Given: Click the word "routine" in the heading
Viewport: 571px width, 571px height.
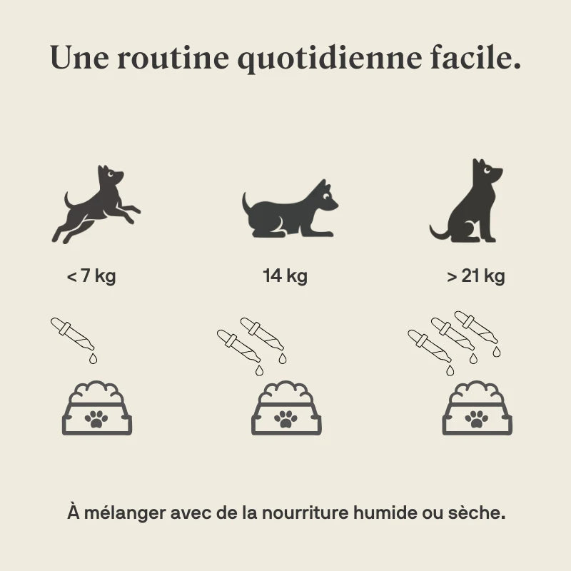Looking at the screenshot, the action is tap(173, 58).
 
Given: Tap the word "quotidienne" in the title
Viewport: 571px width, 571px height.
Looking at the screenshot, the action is tap(330, 59).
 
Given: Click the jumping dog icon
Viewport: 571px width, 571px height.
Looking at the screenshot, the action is tap(96, 205).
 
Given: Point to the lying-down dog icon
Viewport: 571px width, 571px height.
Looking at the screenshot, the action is tap(290, 208).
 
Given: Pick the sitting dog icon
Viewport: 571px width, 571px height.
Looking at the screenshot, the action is tap(466, 201).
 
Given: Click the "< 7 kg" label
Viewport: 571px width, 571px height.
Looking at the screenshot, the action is tap(91, 276).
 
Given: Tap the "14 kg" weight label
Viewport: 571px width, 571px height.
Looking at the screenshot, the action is tap(285, 276).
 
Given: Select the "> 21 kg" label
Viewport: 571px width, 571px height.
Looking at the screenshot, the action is tap(475, 276).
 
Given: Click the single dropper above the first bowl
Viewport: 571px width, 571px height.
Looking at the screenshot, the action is tap(72, 333).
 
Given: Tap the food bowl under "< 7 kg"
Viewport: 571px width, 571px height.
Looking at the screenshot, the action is tap(97, 408).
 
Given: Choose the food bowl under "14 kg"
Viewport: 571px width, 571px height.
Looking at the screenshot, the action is tap(286, 408).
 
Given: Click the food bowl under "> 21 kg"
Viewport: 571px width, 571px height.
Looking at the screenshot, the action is tap(477, 408).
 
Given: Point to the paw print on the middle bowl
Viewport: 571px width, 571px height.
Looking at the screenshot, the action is tap(286, 419).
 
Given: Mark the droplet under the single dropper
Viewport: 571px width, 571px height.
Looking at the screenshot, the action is tap(94, 358).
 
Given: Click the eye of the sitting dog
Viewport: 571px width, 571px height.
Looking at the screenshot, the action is tap(487, 170).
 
